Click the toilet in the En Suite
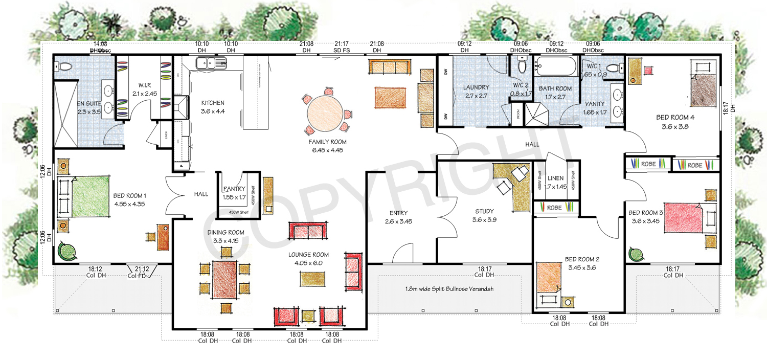pos(63,66)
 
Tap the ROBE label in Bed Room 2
pos(554,208)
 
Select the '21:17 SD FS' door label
pos(342,47)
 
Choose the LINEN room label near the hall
pos(555,178)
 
